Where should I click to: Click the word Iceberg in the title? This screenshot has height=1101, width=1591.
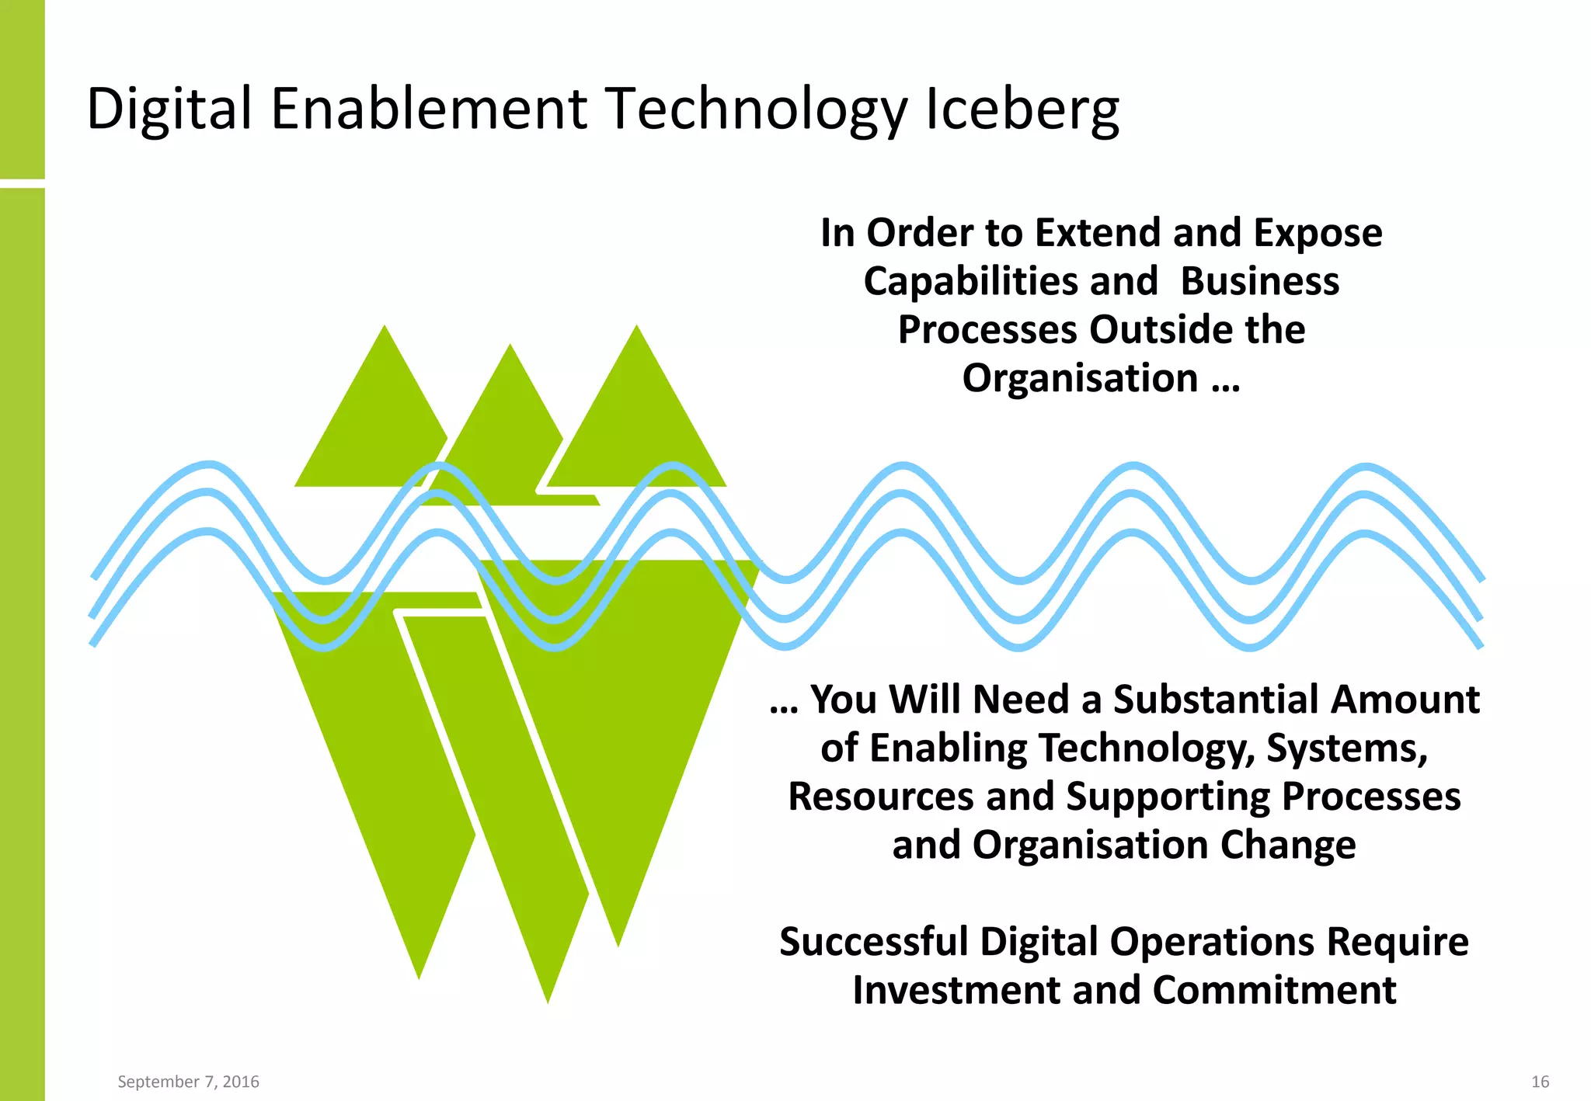1022,109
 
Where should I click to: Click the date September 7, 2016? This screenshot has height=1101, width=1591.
188,1082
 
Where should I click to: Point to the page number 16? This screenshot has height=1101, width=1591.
1540,1082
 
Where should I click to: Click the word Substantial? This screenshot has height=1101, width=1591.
1217,699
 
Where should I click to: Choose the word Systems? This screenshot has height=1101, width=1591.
1347,748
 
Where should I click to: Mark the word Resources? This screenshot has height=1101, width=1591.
882,797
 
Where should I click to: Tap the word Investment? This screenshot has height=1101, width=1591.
956,990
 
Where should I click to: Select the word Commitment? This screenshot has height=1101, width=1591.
1274,990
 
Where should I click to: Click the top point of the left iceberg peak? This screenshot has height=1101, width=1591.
385,328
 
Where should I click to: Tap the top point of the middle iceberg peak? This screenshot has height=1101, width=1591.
510,346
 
